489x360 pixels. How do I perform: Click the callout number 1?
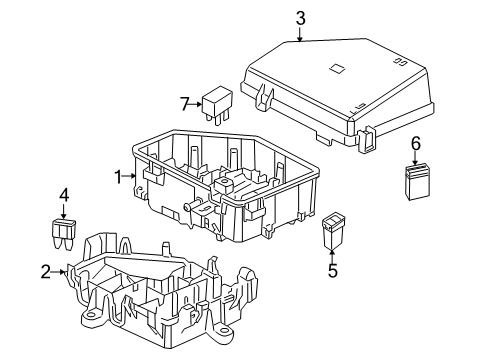click(117, 177)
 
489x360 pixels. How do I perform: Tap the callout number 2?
click(45, 270)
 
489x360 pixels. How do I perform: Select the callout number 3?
click(299, 16)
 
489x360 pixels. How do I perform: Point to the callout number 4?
click(63, 195)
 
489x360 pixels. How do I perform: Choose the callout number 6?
click(415, 143)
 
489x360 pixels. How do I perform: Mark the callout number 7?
click(184, 103)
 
